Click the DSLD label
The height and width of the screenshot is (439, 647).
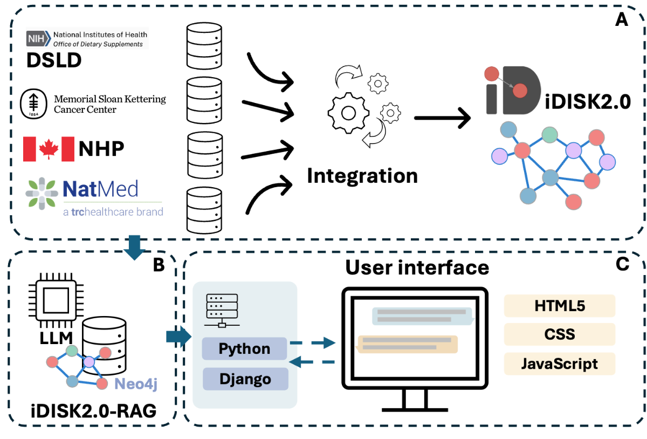click(54, 60)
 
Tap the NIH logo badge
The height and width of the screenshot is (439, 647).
click(38, 38)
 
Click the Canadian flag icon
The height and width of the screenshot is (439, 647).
click(49, 149)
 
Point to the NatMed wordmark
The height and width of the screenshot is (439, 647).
click(100, 189)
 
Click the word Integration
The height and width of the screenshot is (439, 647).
click(362, 176)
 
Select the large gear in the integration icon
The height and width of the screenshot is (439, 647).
click(348, 113)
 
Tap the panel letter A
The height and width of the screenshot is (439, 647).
click(622, 20)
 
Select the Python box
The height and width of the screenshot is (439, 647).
click(245, 349)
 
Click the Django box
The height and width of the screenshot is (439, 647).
click(245, 379)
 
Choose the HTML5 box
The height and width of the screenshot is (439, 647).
click(559, 306)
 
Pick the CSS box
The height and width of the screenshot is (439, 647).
click(559, 334)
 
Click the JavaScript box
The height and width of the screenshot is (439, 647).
click(559, 363)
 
